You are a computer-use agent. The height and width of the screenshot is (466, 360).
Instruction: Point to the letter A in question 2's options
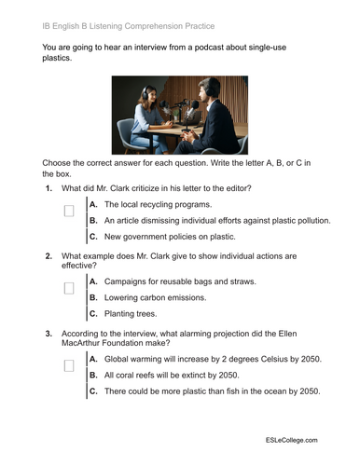coord(93,281)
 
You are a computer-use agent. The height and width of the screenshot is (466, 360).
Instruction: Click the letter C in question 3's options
coord(93,391)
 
